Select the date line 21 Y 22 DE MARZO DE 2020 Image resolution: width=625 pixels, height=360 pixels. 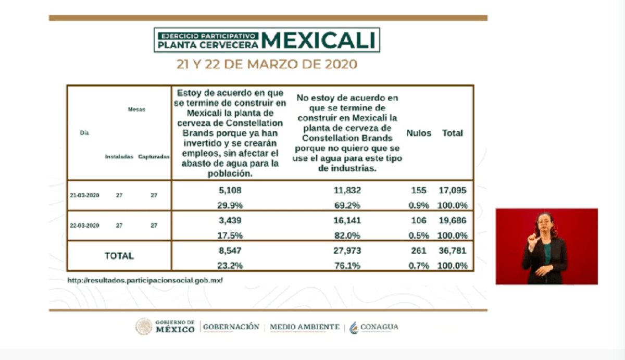[266, 65]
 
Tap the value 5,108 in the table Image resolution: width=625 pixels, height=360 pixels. [230, 191]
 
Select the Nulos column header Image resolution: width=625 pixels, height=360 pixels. [419, 133]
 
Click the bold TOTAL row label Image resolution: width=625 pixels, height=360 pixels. [119, 256]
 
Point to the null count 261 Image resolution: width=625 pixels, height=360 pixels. [419, 251]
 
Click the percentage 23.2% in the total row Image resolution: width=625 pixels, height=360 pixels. [230, 265]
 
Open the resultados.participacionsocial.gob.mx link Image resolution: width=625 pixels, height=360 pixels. [145, 280]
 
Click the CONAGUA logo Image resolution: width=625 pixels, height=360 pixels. [374, 327]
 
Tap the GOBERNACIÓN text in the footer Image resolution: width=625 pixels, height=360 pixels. [231, 327]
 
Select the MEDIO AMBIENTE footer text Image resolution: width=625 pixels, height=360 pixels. [304, 327]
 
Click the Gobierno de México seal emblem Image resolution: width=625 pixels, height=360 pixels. [144, 327]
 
